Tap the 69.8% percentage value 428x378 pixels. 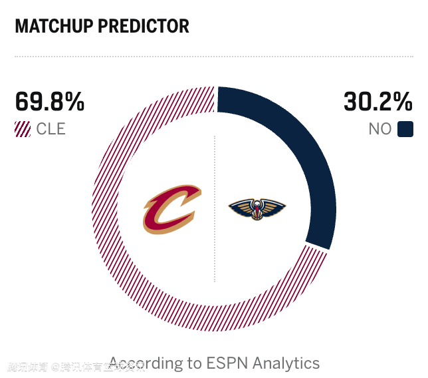(x=50, y=102)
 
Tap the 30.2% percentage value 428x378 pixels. (x=377, y=102)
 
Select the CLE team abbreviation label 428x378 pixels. (x=51, y=129)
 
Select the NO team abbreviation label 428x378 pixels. (x=380, y=129)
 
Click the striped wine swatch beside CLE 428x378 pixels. (x=23, y=129)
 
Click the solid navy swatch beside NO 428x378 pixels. (x=405, y=129)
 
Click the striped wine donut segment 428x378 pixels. (x=126, y=266)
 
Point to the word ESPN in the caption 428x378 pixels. (x=228, y=363)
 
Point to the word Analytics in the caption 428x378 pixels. (x=286, y=363)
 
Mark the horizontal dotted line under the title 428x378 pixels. (x=214, y=57)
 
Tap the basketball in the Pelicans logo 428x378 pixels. (x=257, y=214)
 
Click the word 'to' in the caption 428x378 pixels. (x=194, y=363)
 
